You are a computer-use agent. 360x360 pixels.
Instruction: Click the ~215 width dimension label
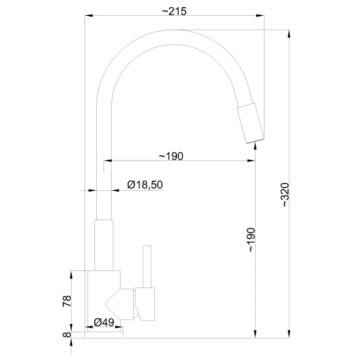click(x=174, y=11)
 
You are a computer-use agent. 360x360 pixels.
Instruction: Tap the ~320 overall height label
click(x=285, y=195)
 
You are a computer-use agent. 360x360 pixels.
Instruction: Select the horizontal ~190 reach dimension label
click(x=171, y=156)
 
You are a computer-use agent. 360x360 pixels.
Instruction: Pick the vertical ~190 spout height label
click(x=251, y=240)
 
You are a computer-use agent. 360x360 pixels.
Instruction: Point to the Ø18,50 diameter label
click(x=145, y=185)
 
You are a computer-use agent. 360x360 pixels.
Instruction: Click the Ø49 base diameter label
click(x=104, y=322)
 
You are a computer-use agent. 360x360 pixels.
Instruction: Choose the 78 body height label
click(x=67, y=301)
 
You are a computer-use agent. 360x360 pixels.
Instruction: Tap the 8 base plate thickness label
click(x=67, y=334)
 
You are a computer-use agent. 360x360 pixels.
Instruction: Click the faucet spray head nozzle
click(x=251, y=123)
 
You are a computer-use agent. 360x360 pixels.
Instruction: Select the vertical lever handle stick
click(x=147, y=266)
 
